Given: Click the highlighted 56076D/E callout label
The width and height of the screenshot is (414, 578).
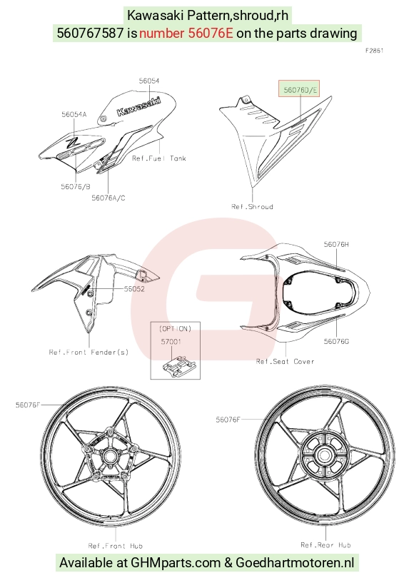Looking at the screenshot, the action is pos(299,88).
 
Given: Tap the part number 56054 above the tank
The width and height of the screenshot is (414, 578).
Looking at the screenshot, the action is pos(149,81).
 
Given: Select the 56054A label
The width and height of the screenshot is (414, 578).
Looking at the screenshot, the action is pos(74,115).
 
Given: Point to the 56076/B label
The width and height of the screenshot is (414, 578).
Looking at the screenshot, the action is pos(76,187).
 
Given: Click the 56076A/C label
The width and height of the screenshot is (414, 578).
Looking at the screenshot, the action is pos(108,198).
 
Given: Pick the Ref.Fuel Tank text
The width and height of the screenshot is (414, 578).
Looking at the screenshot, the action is pos(159,158).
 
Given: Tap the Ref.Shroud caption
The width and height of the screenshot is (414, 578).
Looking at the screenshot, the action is pos(252,206).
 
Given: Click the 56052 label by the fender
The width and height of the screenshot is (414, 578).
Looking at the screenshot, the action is pos(134,289).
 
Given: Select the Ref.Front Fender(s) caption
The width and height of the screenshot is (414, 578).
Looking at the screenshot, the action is pos(89,352).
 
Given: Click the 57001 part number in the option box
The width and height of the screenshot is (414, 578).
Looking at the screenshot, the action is pos(171,342).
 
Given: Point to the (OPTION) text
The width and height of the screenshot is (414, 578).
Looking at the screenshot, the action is pos(175,328).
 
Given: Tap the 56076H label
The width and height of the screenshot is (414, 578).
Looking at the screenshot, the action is pos(336,244).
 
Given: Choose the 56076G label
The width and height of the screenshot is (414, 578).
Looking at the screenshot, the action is pos(336,341).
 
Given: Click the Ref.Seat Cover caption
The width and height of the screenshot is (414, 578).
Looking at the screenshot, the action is pos(285,362).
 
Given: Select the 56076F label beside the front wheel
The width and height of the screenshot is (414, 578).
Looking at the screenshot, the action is pos(28,405).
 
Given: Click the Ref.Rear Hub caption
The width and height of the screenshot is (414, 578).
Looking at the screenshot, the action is pos(325,545).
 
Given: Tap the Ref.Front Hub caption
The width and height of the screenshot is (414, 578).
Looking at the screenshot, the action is pos(116,546).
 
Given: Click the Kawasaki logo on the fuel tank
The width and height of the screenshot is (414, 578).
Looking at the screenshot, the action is pos(138,106).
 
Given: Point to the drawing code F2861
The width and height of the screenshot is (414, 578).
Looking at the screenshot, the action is pos(375,51).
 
